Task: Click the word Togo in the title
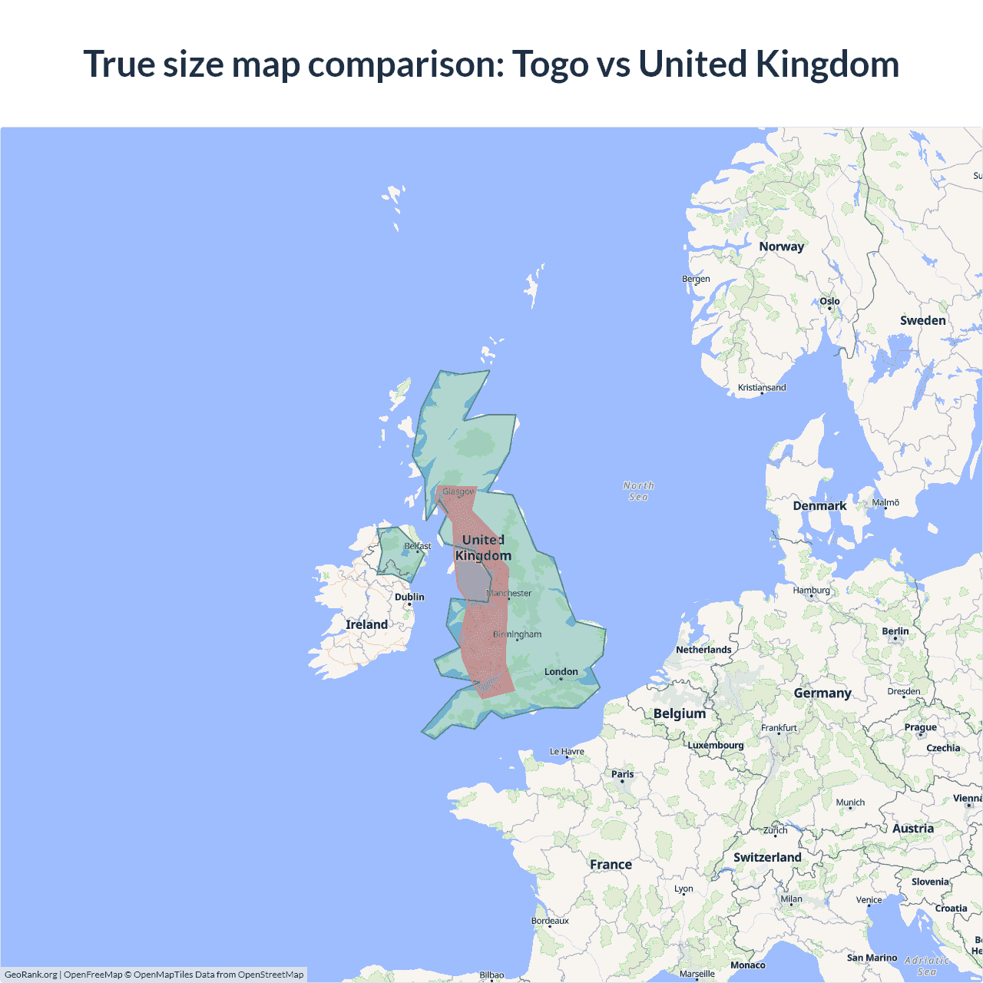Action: coord(550,65)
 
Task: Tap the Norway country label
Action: coord(781,247)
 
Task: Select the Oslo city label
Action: coord(829,302)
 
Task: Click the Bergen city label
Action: coord(696,279)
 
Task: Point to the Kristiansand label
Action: coord(762,388)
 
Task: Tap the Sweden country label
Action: coord(922,320)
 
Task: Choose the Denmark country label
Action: coord(819,505)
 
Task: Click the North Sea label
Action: coord(638,491)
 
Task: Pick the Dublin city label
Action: coord(409,597)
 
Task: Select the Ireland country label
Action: coord(366,624)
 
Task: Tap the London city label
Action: coord(561,671)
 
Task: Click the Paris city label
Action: coord(623,774)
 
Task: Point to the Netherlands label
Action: coord(703,650)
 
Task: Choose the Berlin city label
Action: coord(895,631)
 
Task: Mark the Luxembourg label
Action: coord(716,745)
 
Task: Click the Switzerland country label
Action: coord(767,857)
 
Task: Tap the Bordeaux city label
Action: coord(550,921)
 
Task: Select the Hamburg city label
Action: coord(812,591)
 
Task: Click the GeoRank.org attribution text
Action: coord(31,975)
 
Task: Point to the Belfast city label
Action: coord(418,546)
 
